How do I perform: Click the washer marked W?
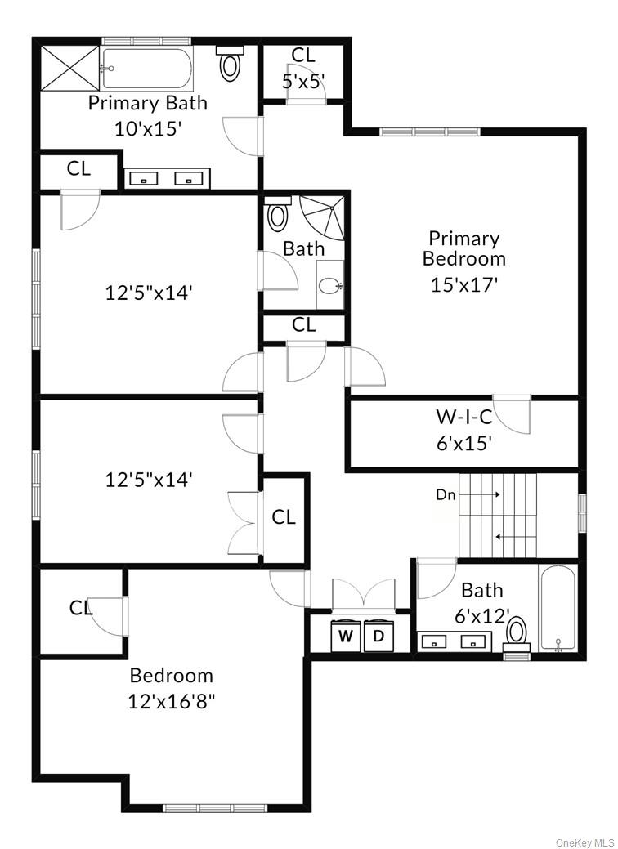coord(346,637)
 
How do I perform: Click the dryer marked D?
coord(378,637)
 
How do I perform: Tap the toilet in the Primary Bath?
coord(231,65)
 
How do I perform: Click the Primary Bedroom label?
coord(464,248)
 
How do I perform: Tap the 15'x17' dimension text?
coord(464,284)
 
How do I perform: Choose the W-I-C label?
coord(463,417)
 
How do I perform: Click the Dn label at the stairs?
coord(445,494)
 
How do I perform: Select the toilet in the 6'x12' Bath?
coord(517,632)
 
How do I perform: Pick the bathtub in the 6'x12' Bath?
coord(558,609)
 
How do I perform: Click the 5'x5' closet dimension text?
coord(303,80)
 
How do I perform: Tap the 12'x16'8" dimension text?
coord(172,700)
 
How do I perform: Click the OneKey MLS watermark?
coord(584,842)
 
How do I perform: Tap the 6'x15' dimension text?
coord(463,444)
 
